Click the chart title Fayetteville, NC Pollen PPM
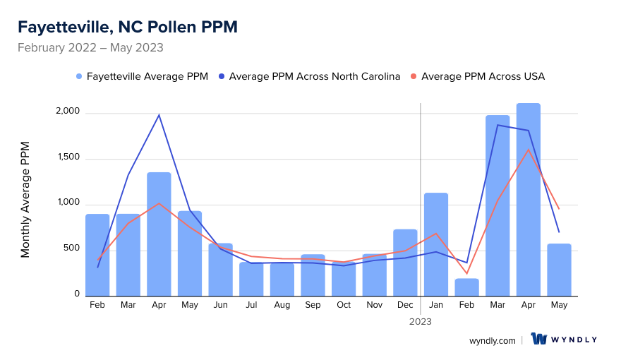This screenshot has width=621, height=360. [x=127, y=28]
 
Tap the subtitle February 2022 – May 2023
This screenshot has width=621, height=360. [x=90, y=48]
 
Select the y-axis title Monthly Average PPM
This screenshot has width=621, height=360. [x=25, y=200]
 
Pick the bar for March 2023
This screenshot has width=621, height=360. [x=498, y=205]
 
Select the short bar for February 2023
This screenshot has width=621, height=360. [x=466, y=287]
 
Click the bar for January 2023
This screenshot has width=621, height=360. [x=436, y=244]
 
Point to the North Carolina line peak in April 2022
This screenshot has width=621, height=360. [x=159, y=115]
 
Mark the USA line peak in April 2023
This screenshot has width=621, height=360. [x=528, y=149]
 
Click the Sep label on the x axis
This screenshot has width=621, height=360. [x=313, y=305]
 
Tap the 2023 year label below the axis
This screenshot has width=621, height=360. [x=421, y=321]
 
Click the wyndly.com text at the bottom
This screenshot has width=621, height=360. [x=493, y=340]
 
